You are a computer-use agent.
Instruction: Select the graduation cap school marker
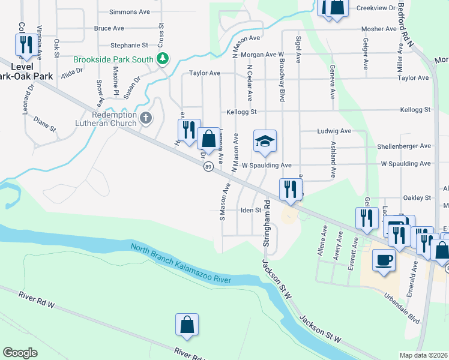click(265, 142)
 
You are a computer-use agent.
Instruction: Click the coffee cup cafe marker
click(384, 260)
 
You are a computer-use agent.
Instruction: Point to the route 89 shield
click(208, 166)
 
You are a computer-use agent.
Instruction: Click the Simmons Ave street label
click(130, 11)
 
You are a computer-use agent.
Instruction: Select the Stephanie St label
click(129, 45)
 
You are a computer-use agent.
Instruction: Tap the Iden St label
click(251, 210)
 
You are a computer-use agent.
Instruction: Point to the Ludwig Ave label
click(333, 131)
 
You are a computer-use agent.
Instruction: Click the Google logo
click(20, 353)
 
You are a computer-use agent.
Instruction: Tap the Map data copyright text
click(423, 355)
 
